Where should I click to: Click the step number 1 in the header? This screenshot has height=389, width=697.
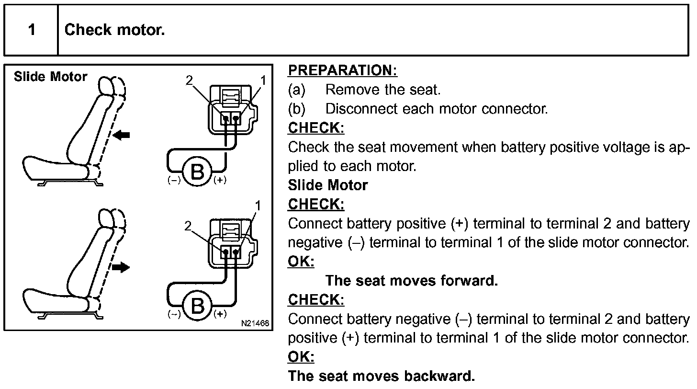32,30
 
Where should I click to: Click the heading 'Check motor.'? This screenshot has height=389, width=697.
114,30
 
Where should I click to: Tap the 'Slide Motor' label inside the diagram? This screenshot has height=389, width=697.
50,77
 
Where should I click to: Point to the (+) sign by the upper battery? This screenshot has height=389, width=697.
220,181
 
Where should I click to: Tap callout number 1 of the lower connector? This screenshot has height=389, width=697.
258,206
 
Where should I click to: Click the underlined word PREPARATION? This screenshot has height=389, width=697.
342,70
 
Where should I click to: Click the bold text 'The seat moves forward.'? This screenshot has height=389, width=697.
411,281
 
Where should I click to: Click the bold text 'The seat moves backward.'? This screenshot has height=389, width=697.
382,376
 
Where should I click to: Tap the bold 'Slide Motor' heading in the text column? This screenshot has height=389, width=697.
328,185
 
